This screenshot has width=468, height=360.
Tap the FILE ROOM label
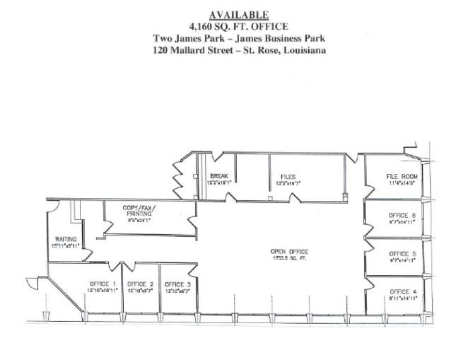[x=402, y=176]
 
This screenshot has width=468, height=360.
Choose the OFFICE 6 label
[x=402, y=215]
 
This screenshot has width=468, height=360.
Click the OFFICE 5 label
[x=402, y=253]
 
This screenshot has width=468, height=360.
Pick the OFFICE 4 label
[x=402, y=291]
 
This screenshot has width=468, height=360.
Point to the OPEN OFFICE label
[x=289, y=252]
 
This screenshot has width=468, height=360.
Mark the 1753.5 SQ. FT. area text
[x=289, y=259]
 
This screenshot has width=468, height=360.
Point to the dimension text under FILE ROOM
[x=402, y=183]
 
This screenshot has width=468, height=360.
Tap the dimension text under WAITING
[x=66, y=247]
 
